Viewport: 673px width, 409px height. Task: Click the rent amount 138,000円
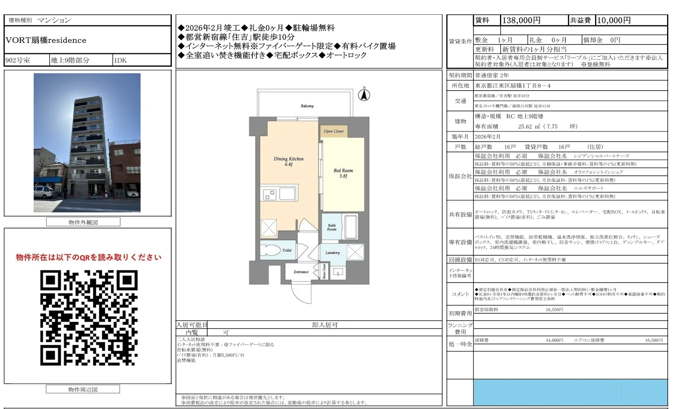point(521,20)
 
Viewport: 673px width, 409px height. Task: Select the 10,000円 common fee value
point(614,20)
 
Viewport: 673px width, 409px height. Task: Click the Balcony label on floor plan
point(307,106)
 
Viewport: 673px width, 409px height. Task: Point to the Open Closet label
point(334,131)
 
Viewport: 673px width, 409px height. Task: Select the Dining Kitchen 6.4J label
point(288,161)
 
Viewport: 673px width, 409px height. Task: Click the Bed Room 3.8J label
point(343,173)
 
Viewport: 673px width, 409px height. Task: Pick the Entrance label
point(301,272)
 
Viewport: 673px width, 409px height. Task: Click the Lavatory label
point(332,253)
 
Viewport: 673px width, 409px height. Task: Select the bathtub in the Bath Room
point(351,226)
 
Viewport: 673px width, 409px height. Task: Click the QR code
point(89,318)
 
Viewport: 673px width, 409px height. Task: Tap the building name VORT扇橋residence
point(46,40)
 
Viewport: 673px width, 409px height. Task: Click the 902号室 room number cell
point(18,60)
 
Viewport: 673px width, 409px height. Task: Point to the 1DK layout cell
point(120,60)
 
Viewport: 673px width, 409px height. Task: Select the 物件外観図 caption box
point(83,222)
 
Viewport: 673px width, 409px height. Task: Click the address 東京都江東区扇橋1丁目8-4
point(513,86)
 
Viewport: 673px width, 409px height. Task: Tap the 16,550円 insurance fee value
point(554,309)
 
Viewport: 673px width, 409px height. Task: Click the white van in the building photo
point(44,192)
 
